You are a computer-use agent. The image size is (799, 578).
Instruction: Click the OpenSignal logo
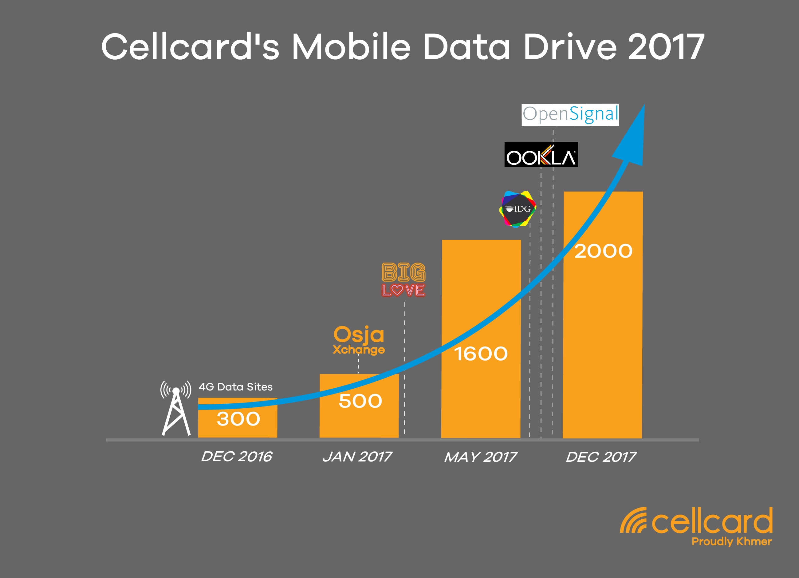click(x=570, y=115)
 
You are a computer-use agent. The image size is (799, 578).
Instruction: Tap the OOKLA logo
click(x=541, y=155)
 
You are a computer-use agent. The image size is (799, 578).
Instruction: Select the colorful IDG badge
click(x=518, y=209)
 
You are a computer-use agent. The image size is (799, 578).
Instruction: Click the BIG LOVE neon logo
click(x=403, y=280)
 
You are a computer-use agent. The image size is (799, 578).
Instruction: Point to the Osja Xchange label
click(x=359, y=340)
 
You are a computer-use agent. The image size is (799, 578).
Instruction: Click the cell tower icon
click(x=176, y=408)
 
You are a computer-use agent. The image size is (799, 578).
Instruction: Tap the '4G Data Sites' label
click(x=236, y=387)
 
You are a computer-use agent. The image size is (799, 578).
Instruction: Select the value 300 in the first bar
click(x=238, y=419)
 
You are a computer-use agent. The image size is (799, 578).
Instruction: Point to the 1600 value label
click(x=481, y=354)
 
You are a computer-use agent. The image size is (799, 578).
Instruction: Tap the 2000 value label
click(x=604, y=251)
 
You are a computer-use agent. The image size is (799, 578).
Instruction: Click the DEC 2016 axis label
click(x=237, y=457)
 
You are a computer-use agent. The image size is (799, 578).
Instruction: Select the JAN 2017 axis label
click(x=357, y=457)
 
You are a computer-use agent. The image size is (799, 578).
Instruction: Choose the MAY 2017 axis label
click(x=481, y=457)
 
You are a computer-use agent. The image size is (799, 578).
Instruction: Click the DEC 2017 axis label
click(x=601, y=457)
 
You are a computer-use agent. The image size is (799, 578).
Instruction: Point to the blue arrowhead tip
click(x=644, y=105)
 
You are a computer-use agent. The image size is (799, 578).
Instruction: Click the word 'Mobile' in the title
click(x=351, y=47)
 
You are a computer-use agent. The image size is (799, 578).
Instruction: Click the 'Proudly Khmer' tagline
click(x=732, y=541)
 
